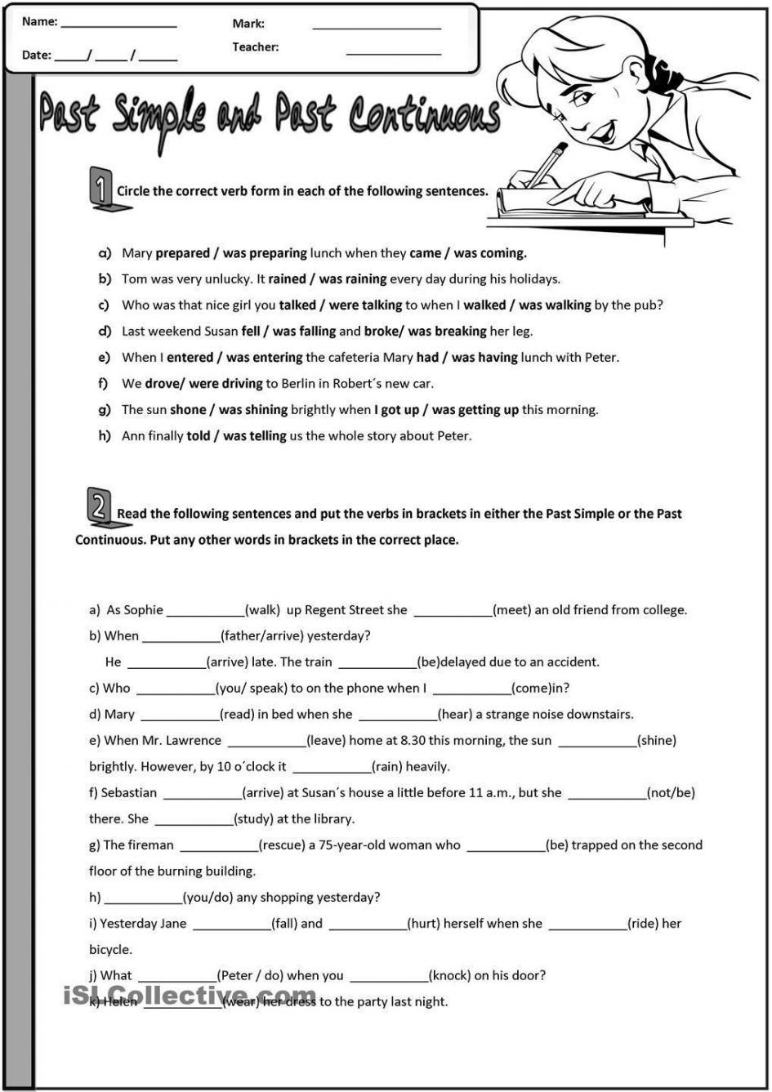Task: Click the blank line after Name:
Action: click(118, 26)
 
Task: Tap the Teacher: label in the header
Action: click(255, 47)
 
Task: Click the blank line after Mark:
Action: click(377, 27)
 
